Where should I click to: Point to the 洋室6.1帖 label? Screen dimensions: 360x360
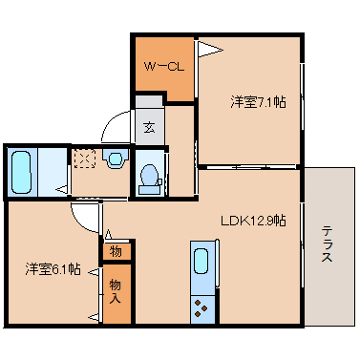pyautogui.click(x=53, y=269)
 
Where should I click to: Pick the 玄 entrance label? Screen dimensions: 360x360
pyautogui.click(x=149, y=126)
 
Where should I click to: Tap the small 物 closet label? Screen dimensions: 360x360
pyautogui.click(x=116, y=252)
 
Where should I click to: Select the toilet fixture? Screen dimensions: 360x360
pyautogui.click(x=149, y=175)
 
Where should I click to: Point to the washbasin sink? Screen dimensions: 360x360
pyautogui.click(x=116, y=159)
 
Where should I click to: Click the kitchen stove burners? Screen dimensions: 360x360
pyautogui.click(x=202, y=307)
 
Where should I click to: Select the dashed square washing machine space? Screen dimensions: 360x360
pyautogui.click(x=86, y=159)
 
